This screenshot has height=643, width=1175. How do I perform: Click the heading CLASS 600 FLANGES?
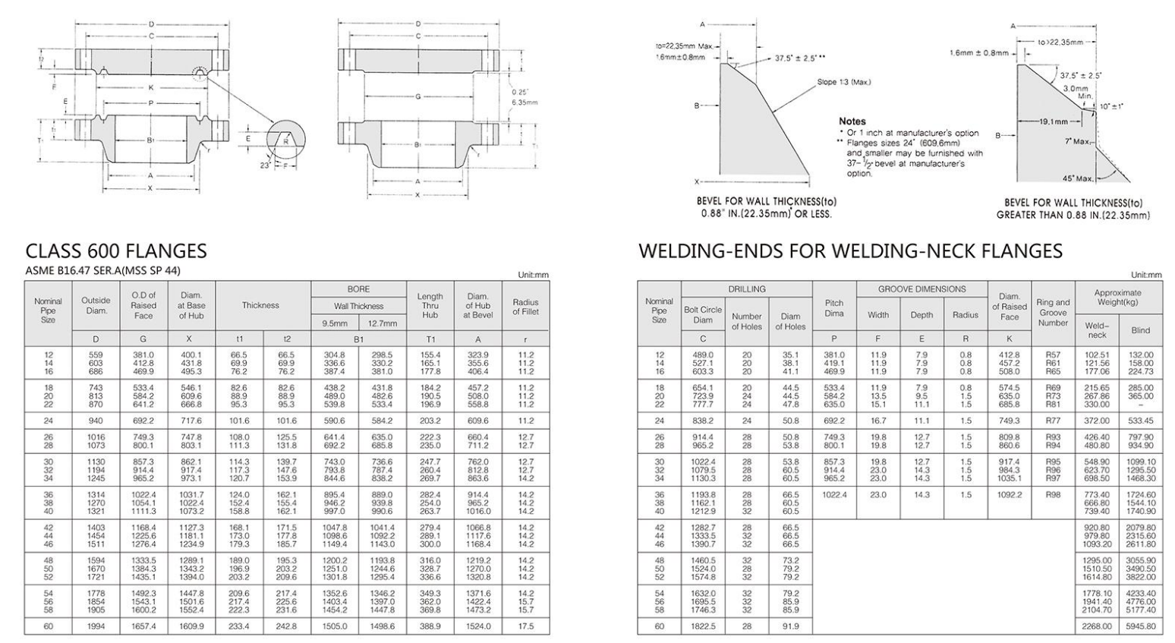pos(116,251)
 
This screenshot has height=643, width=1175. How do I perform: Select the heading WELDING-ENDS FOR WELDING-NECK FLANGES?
pos(850,251)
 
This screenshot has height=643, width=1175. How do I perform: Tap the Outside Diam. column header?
pos(96,305)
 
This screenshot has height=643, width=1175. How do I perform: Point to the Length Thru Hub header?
pos(430,305)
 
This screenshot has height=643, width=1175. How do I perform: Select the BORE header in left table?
pos(358,289)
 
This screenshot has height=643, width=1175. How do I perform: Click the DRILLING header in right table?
pos(747,289)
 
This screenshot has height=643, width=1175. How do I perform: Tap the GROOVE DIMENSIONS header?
pos(921,289)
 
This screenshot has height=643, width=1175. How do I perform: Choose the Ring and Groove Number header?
pos(1053,312)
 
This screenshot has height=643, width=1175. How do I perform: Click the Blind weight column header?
pos(1140,330)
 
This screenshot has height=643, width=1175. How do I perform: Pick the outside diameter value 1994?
pos(96,626)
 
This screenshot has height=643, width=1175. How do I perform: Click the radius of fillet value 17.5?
pos(525,626)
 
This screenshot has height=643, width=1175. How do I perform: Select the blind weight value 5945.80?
pos(1140,626)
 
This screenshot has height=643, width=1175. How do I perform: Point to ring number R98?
pos(1053,494)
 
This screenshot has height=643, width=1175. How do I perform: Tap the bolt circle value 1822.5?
pos(703,626)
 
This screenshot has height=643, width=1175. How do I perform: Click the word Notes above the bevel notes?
pos(852,121)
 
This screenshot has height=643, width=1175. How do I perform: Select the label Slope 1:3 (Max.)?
pos(843,82)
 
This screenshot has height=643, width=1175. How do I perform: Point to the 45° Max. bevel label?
pos(1078,178)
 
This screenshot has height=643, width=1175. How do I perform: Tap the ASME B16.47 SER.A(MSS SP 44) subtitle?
pos(102,271)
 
